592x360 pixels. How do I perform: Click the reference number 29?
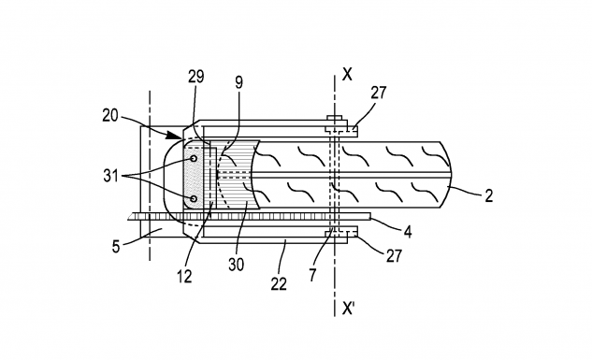[196, 77]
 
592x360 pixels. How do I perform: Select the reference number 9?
[238, 82]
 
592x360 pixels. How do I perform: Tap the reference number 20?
[109, 115]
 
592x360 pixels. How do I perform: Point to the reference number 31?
[110, 176]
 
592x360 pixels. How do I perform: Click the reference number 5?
[116, 247]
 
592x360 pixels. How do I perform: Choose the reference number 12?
[184, 277]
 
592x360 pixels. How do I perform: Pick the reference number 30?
[236, 265]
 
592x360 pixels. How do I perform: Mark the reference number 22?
[279, 283]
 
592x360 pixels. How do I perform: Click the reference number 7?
[312, 275]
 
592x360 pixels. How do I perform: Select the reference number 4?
[408, 232]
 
